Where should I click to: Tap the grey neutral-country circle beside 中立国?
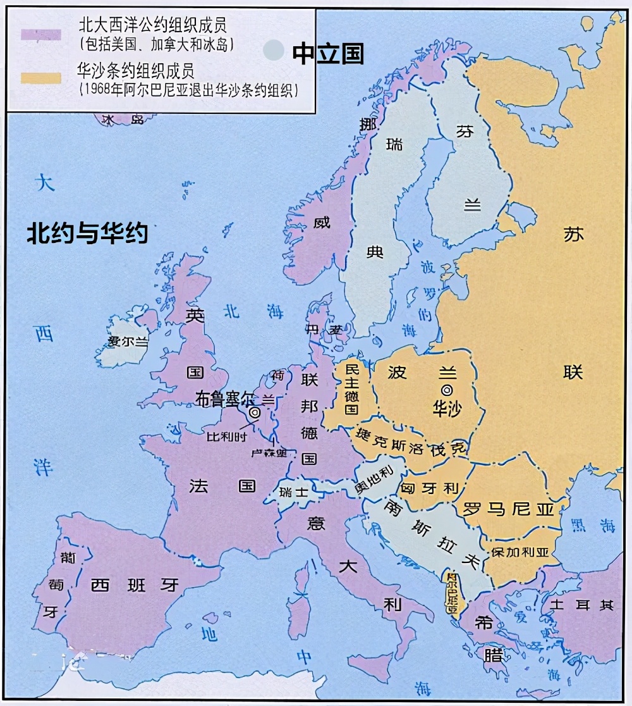274,50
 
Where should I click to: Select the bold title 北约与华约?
87,233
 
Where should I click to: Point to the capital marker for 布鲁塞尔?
255,412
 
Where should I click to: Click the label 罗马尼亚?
508,509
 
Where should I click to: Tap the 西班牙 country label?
135,585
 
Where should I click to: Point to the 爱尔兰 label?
128,342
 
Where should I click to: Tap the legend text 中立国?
327,54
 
